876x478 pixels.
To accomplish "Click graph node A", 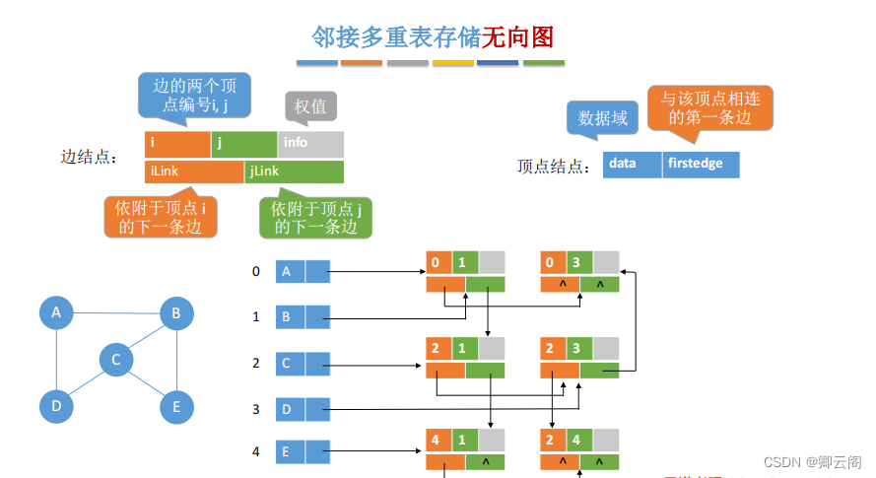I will pos(56,313).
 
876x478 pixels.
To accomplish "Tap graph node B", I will pos(176,313).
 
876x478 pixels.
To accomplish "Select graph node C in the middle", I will pos(116,360).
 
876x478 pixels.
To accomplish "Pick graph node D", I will pos(56,405).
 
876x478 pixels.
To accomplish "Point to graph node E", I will pos(176,405).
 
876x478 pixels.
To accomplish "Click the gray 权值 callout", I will pos(310,106).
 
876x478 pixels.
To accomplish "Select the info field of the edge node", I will pos(309,143).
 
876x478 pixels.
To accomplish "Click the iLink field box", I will pos(193,171).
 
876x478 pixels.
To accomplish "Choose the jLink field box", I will pos(294,171).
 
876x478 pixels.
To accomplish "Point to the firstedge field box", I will pos(701,164).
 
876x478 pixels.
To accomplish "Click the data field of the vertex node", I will pos(631,164).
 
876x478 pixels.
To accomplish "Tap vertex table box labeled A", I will pos(290,271).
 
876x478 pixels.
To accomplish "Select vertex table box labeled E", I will pos(290,452).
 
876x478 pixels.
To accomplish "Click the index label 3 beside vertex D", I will pos(256,408).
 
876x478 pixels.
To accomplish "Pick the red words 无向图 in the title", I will pos(517,37).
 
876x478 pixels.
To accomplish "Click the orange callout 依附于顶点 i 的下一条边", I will pos(161,217).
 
